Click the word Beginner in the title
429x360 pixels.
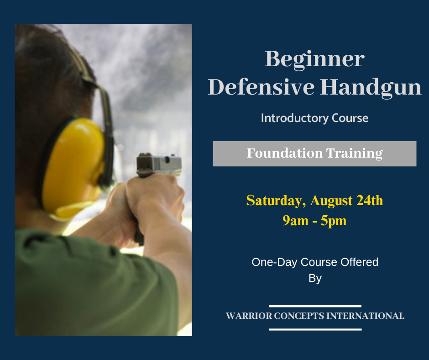point(314,60)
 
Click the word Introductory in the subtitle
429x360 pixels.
point(295,118)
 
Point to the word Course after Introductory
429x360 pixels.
point(350,118)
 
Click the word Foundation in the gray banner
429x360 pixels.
point(285,153)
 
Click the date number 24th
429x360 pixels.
point(370,200)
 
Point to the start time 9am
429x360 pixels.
point(295,221)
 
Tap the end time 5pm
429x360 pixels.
point(334,221)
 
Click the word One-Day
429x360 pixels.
point(274,263)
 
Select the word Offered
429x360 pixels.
point(360,262)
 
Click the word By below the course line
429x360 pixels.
point(315,279)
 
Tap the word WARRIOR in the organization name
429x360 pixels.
point(249,316)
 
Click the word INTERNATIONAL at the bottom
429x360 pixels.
point(366,316)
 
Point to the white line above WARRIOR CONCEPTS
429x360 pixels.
point(315,306)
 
